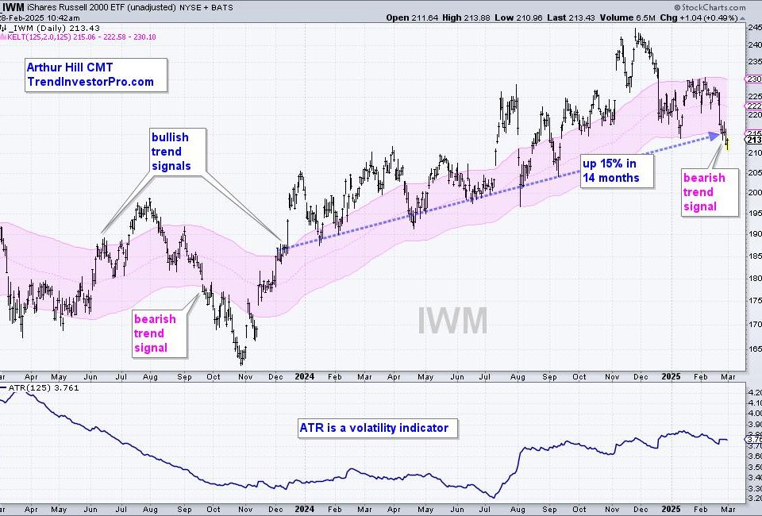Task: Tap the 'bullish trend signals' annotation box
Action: (178, 151)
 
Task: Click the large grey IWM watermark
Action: (452, 320)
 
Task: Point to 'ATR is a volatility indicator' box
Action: (374, 428)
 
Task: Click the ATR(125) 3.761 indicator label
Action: (38, 388)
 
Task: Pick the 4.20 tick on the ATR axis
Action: (752, 391)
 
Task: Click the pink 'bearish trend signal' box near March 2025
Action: (704, 192)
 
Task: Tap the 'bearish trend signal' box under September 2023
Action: (160, 333)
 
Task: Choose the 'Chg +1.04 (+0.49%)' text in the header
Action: (699, 17)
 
